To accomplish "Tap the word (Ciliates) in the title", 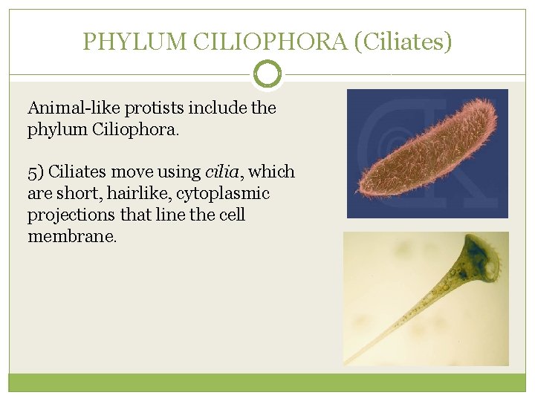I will point(403,42).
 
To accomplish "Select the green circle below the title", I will point(267,74).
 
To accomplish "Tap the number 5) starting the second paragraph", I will point(36,172).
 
